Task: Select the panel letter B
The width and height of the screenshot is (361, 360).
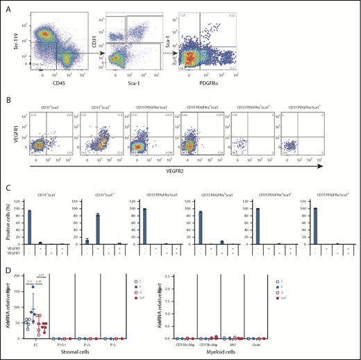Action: tap(9, 102)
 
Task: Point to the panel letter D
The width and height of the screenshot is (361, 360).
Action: tap(9, 273)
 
